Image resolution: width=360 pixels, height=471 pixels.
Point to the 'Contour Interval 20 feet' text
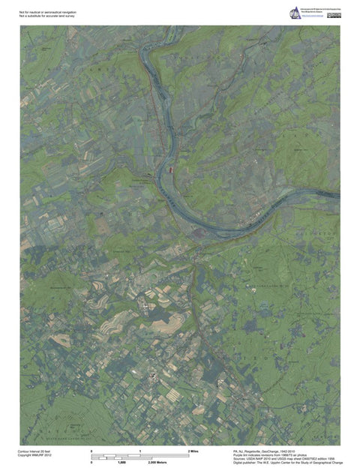point(34,451)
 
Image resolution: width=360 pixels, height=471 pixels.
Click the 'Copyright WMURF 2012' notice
point(34,455)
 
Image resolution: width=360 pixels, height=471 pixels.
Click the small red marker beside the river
point(172,171)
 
